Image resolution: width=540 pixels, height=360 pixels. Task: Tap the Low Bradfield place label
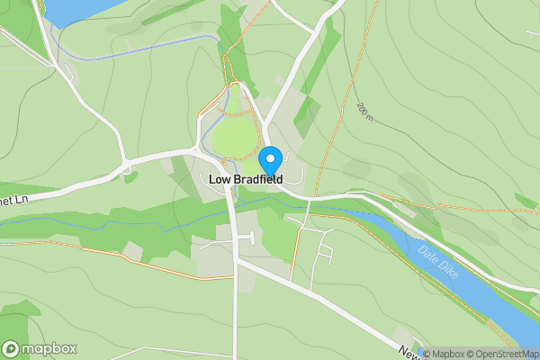click(x=246, y=180)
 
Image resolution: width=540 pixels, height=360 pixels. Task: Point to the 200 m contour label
click(x=364, y=112)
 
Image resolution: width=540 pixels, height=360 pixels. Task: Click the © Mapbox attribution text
click(x=447, y=354)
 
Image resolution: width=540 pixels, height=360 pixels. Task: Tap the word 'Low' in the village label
click(x=219, y=180)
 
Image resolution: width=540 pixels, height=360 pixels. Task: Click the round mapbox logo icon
click(x=12, y=349)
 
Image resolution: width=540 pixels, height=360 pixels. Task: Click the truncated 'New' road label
click(x=408, y=354)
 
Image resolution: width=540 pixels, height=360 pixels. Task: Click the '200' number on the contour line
click(x=362, y=109)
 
